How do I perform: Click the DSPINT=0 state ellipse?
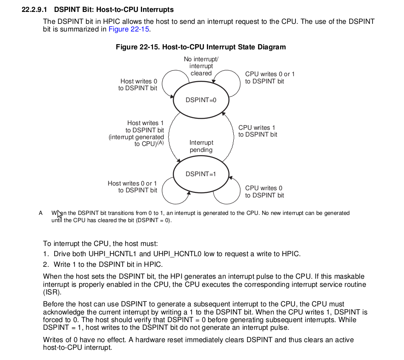(x=201, y=100)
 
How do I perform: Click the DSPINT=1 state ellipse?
(x=201, y=174)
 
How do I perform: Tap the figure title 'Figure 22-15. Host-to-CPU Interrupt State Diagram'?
(x=201, y=47)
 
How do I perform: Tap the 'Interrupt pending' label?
(x=201, y=146)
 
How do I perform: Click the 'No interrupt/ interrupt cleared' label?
(x=201, y=66)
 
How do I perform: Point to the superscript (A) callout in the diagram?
(x=160, y=143)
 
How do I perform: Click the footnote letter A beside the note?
(x=41, y=213)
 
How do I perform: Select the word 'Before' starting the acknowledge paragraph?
(x=53, y=304)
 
